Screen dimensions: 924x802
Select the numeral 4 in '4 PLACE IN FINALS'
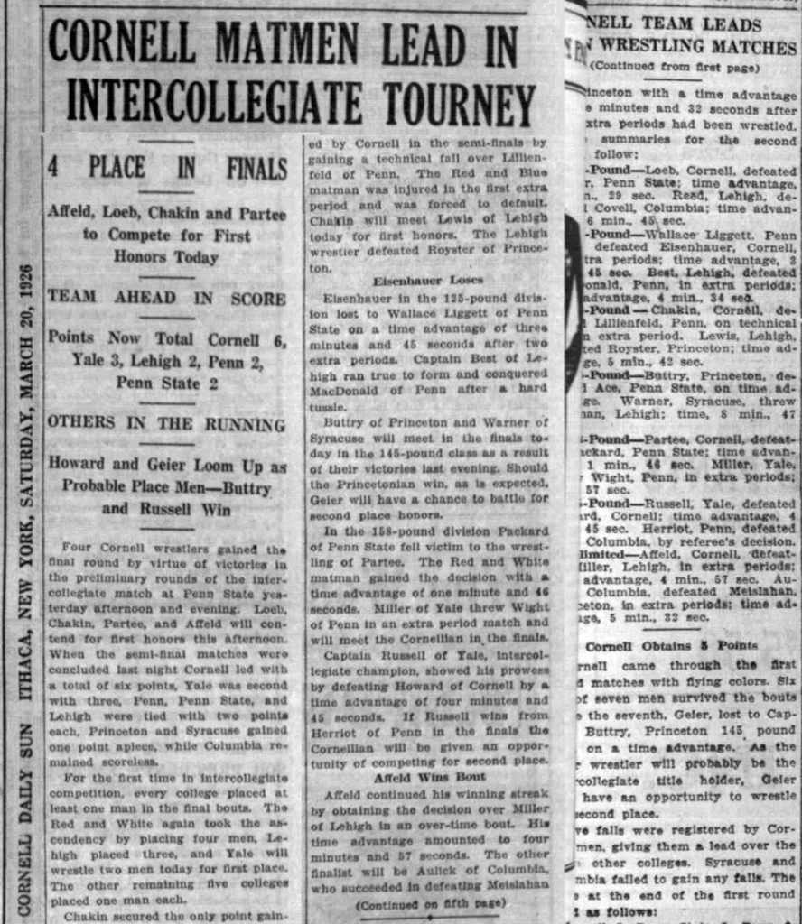[53, 168]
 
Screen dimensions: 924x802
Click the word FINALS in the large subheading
[256, 168]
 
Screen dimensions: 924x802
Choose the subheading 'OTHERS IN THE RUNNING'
[166, 421]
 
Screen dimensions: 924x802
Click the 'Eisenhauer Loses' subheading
[427, 280]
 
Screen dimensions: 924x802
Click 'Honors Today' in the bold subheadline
[166, 257]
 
